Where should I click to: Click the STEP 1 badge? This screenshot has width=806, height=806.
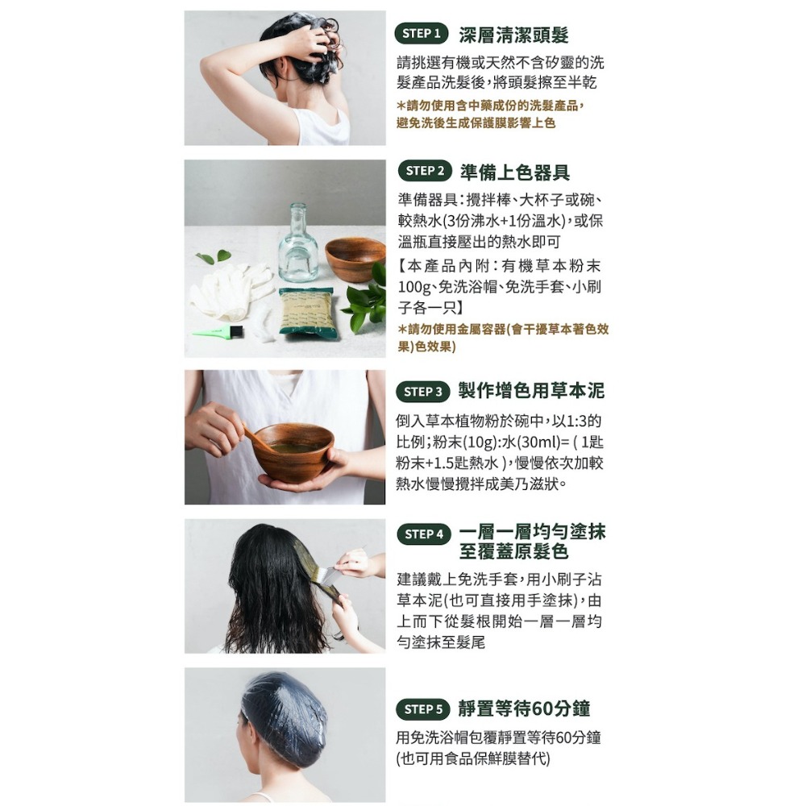[x=421, y=34]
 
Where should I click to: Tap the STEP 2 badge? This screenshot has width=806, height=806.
[x=425, y=171]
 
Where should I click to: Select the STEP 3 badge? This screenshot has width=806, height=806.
[x=422, y=392]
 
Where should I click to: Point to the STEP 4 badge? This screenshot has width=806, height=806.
[x=424, y=534]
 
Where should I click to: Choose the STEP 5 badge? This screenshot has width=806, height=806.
[x=422, y=709]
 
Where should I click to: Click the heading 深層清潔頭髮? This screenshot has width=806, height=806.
[x=513, y=35]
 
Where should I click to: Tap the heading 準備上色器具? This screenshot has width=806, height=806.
[x=514, y=172]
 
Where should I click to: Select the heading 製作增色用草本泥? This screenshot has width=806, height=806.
[x=531, y=391]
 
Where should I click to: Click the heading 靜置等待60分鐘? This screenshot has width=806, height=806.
[x=524, y=708]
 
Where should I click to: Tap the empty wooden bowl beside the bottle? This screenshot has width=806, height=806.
[x=355, y=259]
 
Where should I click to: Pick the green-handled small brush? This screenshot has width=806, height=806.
[x=218, y=331]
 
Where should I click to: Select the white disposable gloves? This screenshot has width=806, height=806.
[x=231, y=290]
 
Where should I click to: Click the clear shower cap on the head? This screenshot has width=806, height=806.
[x=283, y=720]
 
